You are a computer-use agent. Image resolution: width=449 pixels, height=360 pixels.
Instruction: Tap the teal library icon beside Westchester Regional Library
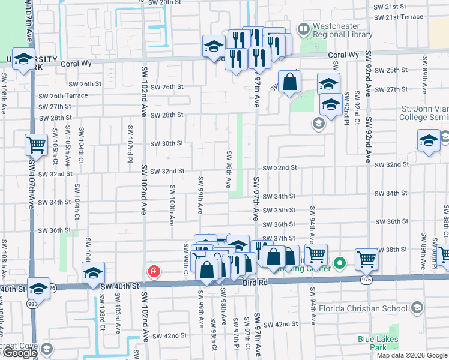[304, 29]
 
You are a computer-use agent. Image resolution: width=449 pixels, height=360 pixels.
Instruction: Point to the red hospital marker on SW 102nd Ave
[154, 272]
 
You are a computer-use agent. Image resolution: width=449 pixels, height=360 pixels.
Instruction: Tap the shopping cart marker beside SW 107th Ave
[36, 145]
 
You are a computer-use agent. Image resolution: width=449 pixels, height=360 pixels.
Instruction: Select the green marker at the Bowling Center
[340, 263]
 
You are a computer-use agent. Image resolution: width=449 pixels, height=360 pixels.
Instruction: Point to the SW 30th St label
[166, 143]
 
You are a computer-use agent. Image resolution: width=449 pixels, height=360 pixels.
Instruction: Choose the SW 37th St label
[280, 238]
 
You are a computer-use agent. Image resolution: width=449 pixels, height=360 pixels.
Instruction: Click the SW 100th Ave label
[172, 205]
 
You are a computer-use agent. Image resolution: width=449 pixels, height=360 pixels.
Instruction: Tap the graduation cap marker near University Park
[24, 60]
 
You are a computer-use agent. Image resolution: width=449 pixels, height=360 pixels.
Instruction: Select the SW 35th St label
[280, 210]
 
